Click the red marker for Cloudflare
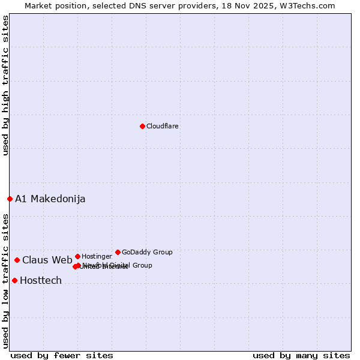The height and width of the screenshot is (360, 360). [142, 126]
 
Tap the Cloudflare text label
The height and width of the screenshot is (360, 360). [162, 126]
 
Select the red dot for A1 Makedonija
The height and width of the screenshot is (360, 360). [10, 199]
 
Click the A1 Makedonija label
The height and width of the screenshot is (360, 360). [50, 199]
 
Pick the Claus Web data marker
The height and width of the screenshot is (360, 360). [17, 260]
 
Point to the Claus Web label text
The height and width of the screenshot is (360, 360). [47, 260]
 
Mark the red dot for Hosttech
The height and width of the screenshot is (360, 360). [14, 280]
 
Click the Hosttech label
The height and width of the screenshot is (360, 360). [41, 280]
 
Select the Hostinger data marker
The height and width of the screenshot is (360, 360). [77, 256]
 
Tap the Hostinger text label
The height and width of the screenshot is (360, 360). [97, 256]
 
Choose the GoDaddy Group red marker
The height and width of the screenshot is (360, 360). [118, 252]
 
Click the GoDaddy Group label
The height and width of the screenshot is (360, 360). [147, 252]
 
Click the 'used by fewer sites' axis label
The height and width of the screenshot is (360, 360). [62, 355]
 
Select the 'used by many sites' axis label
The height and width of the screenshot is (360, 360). [301, 355]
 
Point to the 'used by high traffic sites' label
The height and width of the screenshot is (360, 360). [5, 85]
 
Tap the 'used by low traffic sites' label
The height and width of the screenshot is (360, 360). [5, 280]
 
